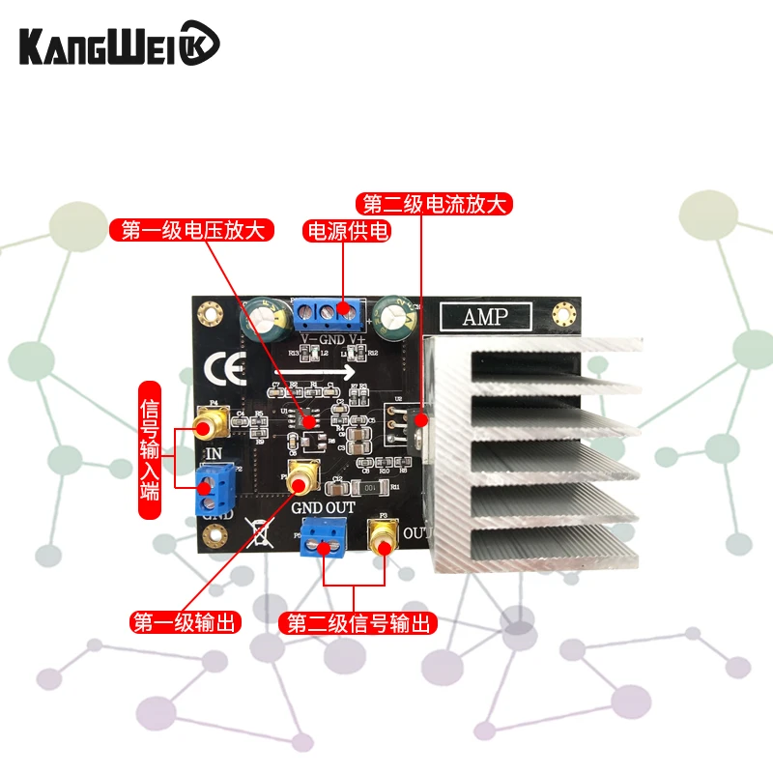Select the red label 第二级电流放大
(x=434, y=205)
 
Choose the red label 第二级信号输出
(x=358, y=623)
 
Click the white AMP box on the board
(x=485, y=316)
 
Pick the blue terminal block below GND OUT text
(x=325, y=536)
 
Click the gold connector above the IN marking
(x=208, y=422)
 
